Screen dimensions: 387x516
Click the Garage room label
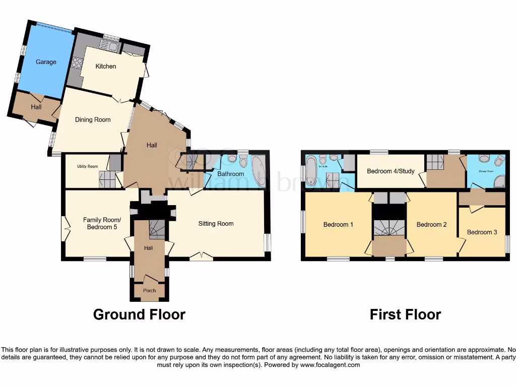point(46,62)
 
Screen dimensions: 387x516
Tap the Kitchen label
point(106,66)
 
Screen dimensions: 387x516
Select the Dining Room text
point(93,119)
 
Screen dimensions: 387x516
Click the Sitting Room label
point(216,223)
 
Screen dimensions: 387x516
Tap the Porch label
point(149,291)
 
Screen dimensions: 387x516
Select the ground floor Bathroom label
point(231,174)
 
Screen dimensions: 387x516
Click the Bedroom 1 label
point(338,224)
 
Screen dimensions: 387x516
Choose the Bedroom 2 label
point(431,224)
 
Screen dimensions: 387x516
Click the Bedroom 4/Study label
point(391,171)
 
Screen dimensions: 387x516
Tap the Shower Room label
point(485,171)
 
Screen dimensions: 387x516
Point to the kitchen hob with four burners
point(78,63)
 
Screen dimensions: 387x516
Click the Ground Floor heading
point(139,315)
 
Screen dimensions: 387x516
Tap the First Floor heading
point(405,315)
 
